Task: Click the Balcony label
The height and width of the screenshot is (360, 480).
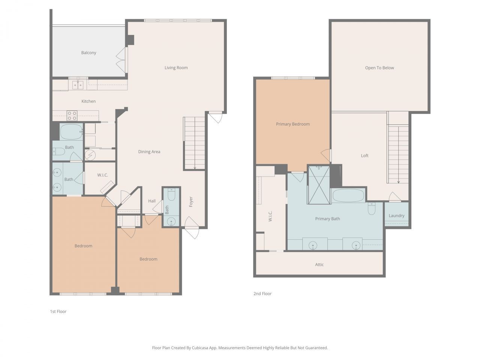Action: coord(88,53)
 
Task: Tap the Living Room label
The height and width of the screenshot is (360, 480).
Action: coord(176,68)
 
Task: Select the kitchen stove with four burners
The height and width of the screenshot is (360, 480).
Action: coord(72,115)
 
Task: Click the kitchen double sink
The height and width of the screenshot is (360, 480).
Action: coord(78,85)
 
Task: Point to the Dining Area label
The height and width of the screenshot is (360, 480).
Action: coord(149,152)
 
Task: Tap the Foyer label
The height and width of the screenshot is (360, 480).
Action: coord(191,202)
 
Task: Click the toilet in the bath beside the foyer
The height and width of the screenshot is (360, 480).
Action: coord(171,195)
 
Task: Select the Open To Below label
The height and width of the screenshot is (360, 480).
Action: coord(379,68)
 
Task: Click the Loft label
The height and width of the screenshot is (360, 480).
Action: coord(364,156)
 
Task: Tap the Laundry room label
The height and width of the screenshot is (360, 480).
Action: coord(396,216)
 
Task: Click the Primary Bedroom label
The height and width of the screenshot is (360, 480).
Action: coord(292,124)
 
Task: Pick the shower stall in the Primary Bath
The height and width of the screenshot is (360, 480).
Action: coord(319,185)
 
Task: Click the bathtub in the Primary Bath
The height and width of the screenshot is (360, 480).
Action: coord(348,195)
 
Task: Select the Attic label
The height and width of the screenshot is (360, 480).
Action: coord(319,265)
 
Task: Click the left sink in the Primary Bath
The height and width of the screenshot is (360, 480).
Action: coord(313,245)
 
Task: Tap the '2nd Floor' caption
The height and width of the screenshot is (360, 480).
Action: coord(262,294)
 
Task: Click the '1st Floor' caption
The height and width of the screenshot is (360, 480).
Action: coord(58,312)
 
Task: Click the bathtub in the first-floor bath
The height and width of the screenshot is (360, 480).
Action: coord(71,132)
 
